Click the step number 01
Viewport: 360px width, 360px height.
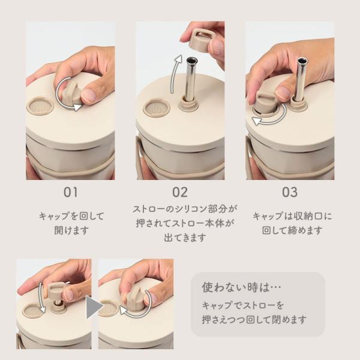pos(70,192)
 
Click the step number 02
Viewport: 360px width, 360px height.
pos(180,192)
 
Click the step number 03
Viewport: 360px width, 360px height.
pos(290,192)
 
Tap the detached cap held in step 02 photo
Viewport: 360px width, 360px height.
pos(202,41)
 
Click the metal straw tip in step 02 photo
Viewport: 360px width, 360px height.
pos(192,61)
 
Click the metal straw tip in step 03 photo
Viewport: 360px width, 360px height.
pos(302,61)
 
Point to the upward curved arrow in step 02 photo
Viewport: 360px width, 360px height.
pos(174,73)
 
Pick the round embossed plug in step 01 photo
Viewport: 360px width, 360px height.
pos(40,106)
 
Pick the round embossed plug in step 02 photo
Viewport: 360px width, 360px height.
pos(157,107)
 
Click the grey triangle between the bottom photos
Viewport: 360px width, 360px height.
pos(94,307)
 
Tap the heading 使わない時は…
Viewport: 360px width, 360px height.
pos(242,287)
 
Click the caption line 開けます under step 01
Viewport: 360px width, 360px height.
pos(71,230)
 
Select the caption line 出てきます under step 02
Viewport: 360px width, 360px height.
pos(185,238)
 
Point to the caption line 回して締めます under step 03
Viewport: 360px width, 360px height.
pos(292,230)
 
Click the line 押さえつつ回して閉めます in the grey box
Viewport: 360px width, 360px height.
pos(254,319)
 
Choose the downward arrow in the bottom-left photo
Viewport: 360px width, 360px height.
pos(41,298)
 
